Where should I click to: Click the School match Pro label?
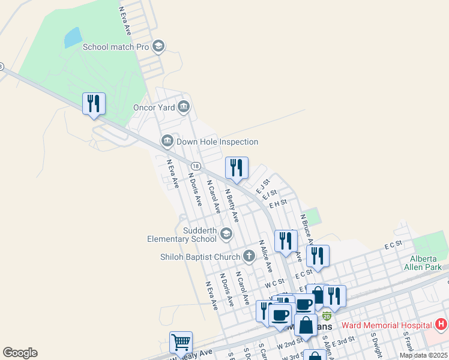116,47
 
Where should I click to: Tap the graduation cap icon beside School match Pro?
158,46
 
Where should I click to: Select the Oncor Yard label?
154,108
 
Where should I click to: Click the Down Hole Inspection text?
217,142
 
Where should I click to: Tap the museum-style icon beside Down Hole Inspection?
167,142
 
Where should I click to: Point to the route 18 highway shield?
196,166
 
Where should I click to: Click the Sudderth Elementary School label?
182,235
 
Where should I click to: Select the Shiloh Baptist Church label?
200,257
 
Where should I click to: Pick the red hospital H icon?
441,325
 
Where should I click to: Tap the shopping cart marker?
181,343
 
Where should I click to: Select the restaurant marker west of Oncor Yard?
94,104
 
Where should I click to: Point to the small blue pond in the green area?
73,38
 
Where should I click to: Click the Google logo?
20,353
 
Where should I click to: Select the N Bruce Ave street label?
307,230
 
